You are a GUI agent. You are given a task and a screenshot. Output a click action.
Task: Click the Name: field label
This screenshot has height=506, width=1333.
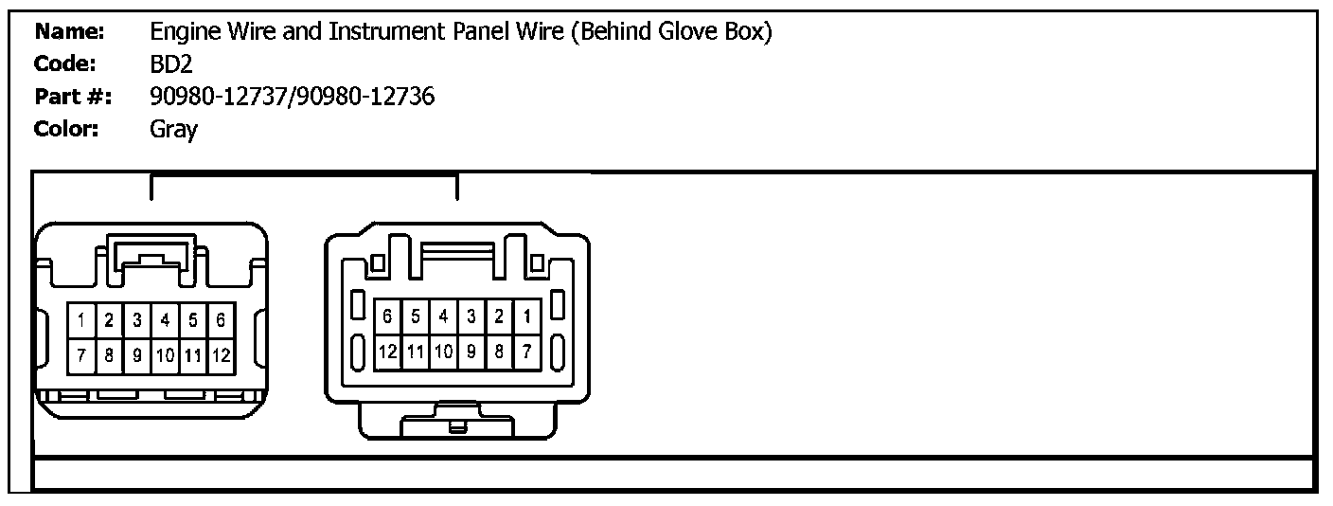pyautogui.click(x=69, y=31)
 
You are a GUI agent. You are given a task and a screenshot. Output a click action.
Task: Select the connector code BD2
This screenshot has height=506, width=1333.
pyautogui.click(x=171, y=63)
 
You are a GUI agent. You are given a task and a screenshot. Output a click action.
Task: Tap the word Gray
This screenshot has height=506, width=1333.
pyautogui.click(x=173, y=129)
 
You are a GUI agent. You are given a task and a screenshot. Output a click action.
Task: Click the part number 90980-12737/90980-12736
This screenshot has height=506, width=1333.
pyautogui.click(x=293, y=96)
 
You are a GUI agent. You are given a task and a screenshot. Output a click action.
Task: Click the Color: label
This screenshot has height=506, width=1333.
pyautogui.click(x=67, y=129)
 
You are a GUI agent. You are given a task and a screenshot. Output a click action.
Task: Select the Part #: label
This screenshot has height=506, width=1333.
pyautogui.click(x=73, y=96)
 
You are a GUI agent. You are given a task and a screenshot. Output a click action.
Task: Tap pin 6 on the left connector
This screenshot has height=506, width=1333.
pyautogui.click(x=220, y=320)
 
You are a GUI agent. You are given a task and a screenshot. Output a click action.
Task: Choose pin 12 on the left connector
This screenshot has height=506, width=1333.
pyautogui.click(x=220, y=356)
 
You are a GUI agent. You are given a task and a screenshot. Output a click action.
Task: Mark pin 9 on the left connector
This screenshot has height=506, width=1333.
pyautogui.click(x=137, y=356)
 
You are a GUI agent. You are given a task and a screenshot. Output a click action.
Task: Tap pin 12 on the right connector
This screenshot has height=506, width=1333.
pyautogui.click(x=388, y=352)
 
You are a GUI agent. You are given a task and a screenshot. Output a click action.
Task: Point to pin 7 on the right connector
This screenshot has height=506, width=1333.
pyautogui.click(x=526, y=352)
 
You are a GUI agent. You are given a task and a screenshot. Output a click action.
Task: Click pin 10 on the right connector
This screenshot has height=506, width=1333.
pyautogui.click(x=443, y=352)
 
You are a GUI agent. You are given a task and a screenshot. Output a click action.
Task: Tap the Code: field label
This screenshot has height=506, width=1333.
pyautogui.click(x=65, y=63)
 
